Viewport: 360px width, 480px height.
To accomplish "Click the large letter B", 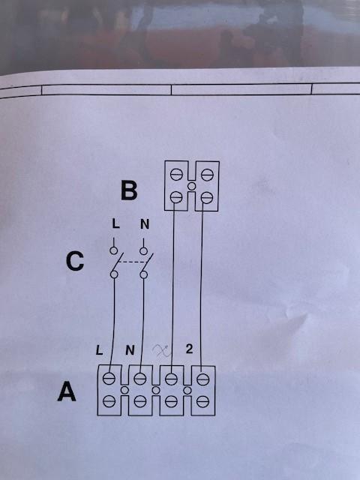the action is [x=129, y=190].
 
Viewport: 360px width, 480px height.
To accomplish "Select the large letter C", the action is [x=75, y=262].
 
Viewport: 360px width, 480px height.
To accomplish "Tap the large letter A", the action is [x=67, y=391].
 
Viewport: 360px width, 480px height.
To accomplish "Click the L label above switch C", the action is [x=115, y=224].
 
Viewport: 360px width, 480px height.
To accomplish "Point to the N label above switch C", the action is [x=145, y=224].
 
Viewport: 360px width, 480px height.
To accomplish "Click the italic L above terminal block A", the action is [x=100, y=350].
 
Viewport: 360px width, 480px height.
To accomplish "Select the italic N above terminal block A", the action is [x=130, y=350].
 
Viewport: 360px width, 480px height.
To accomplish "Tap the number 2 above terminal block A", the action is [x=189, y=349].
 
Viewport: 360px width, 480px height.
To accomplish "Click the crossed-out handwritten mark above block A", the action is [x=162, y=350].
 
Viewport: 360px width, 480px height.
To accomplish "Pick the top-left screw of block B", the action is [x=177, y=175].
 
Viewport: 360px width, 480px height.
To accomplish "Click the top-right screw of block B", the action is [x=207, y=175].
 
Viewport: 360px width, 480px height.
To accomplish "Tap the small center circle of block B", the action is [x=192, y=186].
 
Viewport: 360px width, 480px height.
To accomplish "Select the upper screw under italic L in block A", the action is [x=109, y=379].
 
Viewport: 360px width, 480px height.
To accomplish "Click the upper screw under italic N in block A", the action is [x=140, y=379].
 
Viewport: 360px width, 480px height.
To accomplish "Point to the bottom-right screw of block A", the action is [x=202, y=401].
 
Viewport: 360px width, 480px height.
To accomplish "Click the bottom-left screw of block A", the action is [x=109, y=401].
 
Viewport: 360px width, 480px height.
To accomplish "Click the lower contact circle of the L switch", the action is [x=114, y=274].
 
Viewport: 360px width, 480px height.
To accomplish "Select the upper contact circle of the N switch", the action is [x=143, y=251].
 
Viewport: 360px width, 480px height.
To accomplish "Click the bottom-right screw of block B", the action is [x=207, y=197].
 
